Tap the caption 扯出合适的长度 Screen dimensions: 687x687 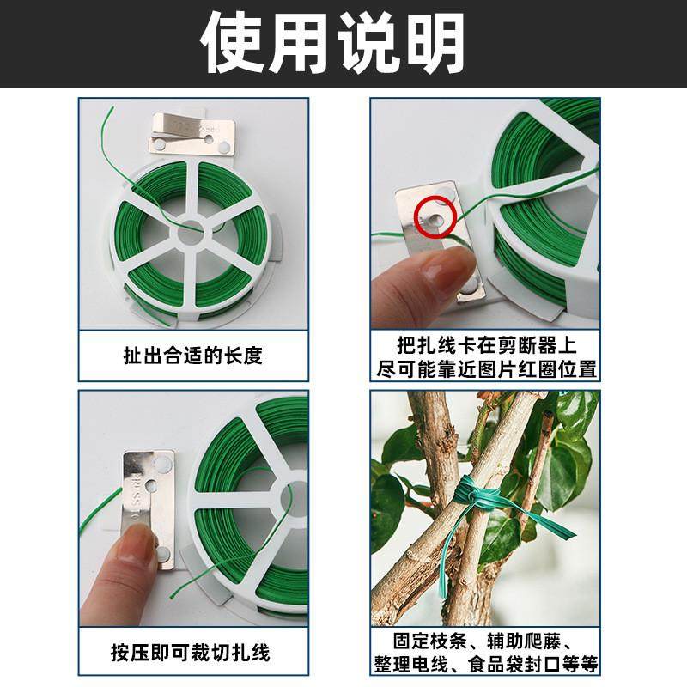192,355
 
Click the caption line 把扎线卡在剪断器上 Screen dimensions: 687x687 485,345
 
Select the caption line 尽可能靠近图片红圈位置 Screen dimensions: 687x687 485,370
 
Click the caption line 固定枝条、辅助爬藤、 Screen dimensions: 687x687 485,641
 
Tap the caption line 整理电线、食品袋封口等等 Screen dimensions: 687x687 485,666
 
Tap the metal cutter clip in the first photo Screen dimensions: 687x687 194,132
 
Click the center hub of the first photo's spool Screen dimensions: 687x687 194,229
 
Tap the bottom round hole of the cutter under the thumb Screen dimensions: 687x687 471,283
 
